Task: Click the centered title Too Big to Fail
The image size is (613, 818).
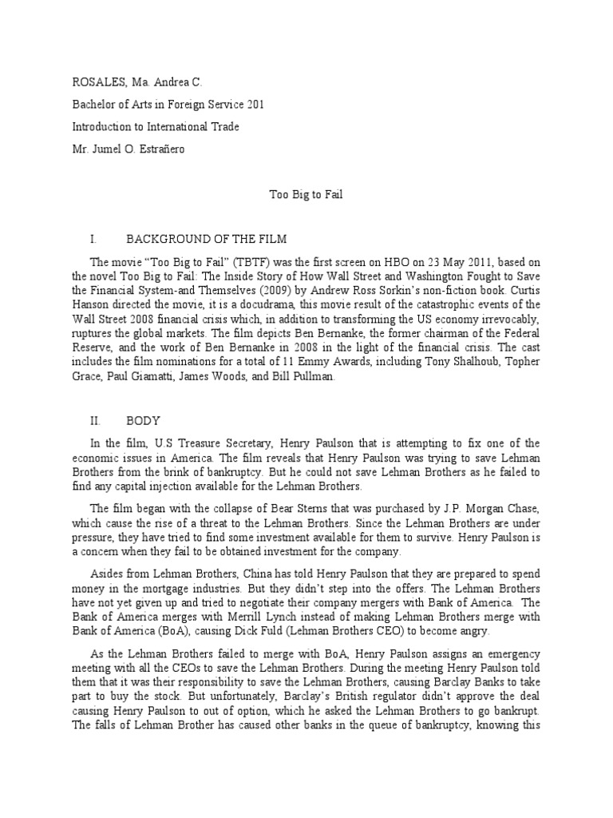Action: click(x=306, y=195)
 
